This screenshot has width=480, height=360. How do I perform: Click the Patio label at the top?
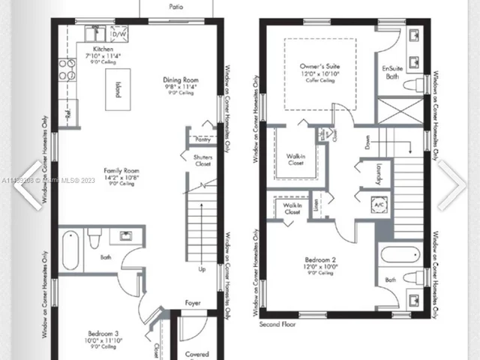[x=176, y=6]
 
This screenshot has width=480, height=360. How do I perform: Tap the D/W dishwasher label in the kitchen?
[x=119, y=34]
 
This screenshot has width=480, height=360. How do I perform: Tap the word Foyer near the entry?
[x=193, y=304]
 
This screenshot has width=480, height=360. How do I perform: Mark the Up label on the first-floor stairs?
[x=202, y=268]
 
